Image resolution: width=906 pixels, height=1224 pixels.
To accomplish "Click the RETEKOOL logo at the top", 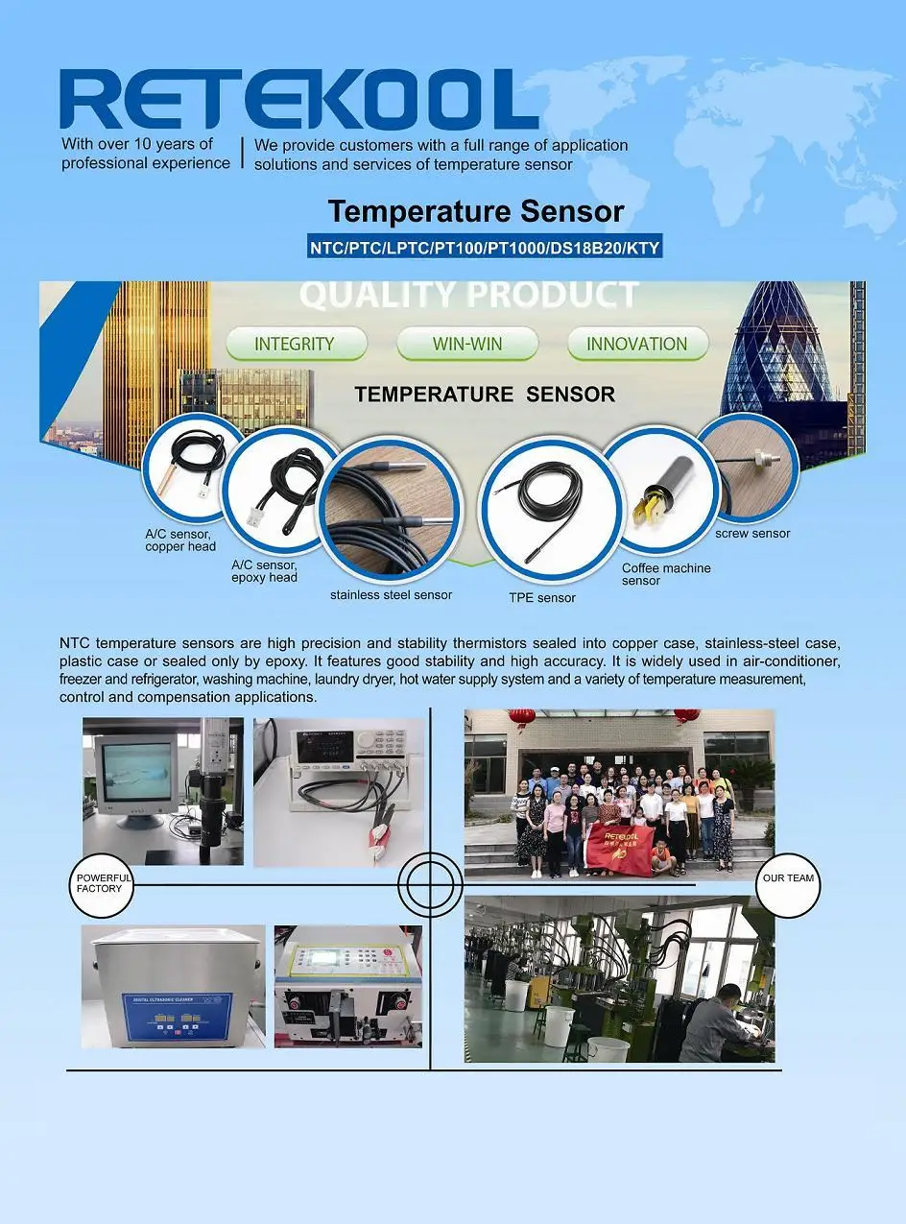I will pyautogui.click(x=298, y=99).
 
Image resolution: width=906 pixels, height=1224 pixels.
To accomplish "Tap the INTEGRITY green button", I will pyautogui.click(x=295, y=344).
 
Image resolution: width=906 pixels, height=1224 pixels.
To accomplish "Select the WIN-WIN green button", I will pyautogui.click(x=467, y=344).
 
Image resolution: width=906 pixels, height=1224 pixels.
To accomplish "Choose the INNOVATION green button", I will pyautogui.click(x=637, y=344).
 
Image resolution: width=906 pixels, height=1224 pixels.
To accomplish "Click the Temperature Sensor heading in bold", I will pyautogui.click(x=476, y=211).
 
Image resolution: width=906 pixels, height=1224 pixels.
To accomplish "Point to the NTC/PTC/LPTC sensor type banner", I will pyautogui.click(x=485, y=248).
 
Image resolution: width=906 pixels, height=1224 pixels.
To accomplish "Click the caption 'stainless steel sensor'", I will pyautogui.click(x=391, y=595).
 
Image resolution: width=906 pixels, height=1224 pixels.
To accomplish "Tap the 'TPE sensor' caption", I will pyautogui.click(x=542, y=598).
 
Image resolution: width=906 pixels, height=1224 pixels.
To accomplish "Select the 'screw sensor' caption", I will pyautogui.click(x=752, y=534).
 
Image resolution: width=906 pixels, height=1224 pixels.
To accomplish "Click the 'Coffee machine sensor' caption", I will pyautogui.click(x=666, y=574).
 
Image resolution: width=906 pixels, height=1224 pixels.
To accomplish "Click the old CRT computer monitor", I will pyautogui.click(x=131, y=778).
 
